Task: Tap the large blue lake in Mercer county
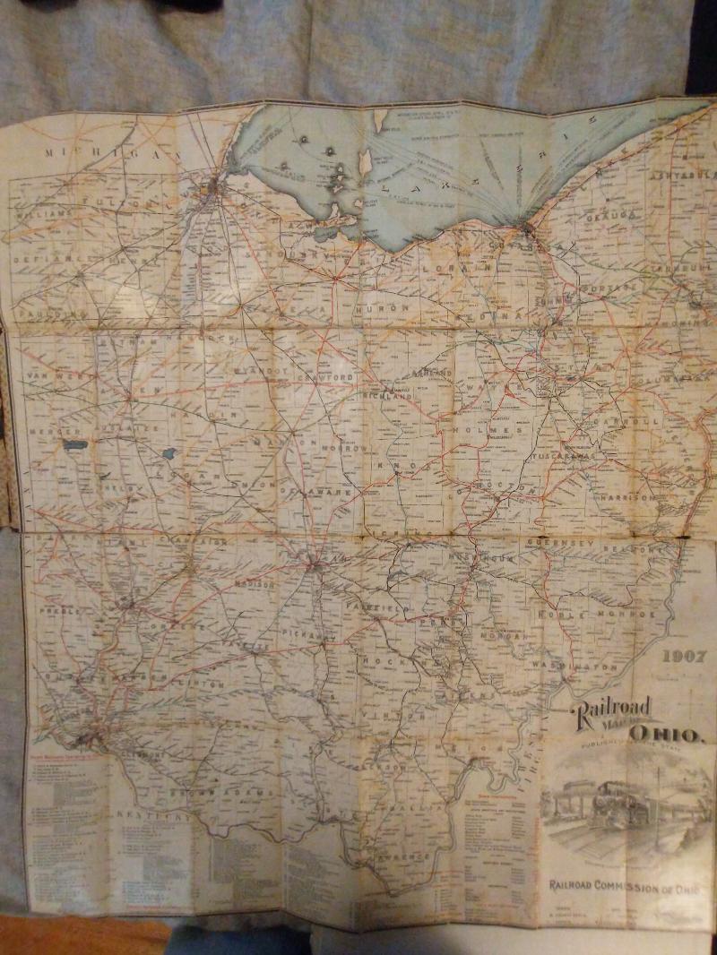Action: coord(72,444)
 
